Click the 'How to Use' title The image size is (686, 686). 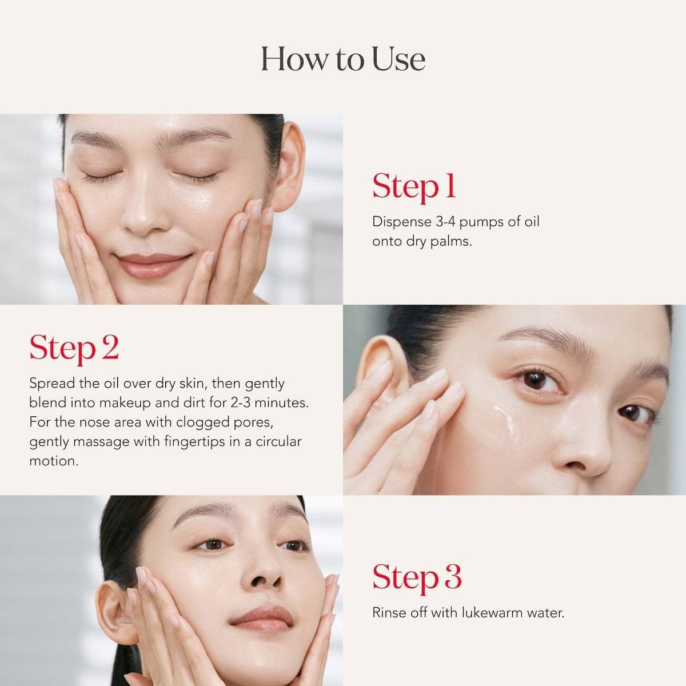(343, 59)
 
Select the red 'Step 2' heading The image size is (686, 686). (74, 348)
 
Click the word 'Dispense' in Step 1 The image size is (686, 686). (397, 222)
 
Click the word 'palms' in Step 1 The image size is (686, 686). (452, 241)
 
